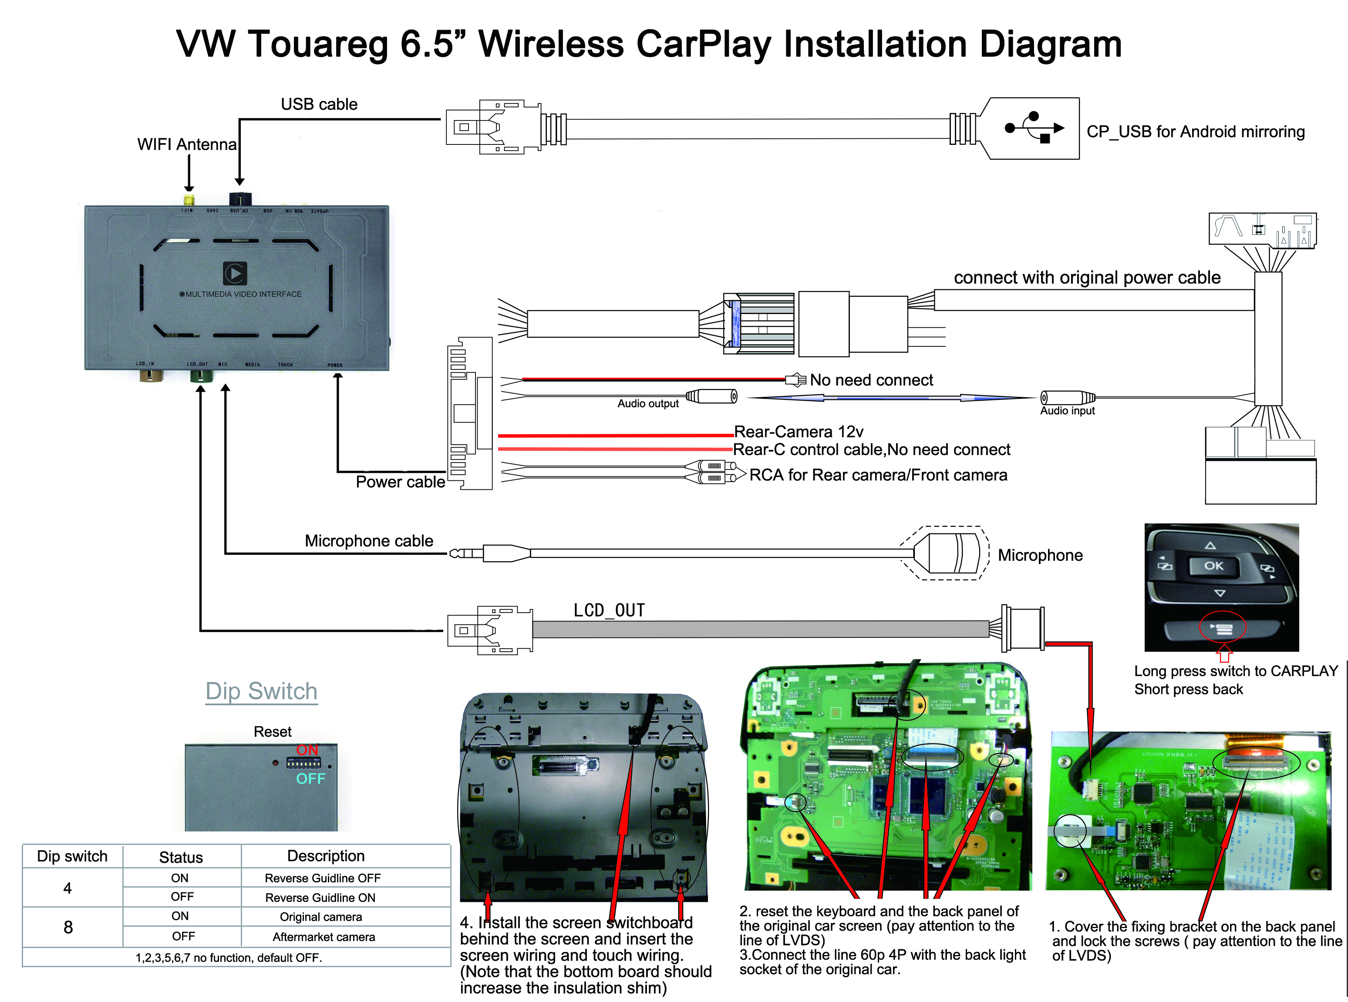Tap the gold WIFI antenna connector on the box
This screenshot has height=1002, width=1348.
(x=189, y=200)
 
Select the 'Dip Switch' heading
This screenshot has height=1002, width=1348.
(x=262, y=691)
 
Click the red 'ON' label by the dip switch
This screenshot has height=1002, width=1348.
(x=307, y=750)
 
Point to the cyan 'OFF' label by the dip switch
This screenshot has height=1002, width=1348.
(x=311, y=779)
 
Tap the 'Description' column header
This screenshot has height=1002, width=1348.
(x=326, y=856)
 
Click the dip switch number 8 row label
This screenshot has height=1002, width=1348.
(x=68, y=927)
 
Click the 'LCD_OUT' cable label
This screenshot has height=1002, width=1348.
(x=610, y=610)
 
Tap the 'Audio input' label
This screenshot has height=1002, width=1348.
(x=1067, y=411)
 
